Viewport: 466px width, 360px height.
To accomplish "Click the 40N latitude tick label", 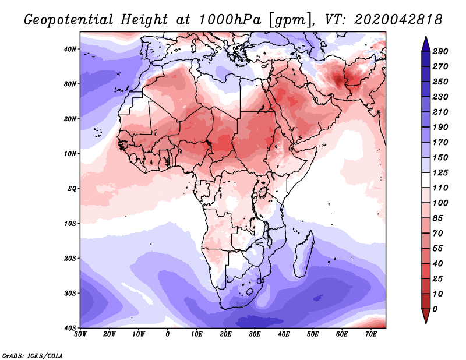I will [x=70, y=49].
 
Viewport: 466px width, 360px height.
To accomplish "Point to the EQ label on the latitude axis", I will [x=71, y=188].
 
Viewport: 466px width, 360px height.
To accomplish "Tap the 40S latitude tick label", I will [x=70, y=327].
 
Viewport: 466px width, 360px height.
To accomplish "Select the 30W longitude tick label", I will [x=81, y=334].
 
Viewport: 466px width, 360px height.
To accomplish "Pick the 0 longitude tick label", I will [x=168, y=334].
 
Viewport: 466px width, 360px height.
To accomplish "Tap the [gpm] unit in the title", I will [x=289, y=20].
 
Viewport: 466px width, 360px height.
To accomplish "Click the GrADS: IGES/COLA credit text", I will [x=33, y=355].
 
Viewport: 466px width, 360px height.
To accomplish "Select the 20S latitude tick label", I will [x=70, y=257].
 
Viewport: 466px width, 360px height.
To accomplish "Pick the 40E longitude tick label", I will [x=284, y=334].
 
